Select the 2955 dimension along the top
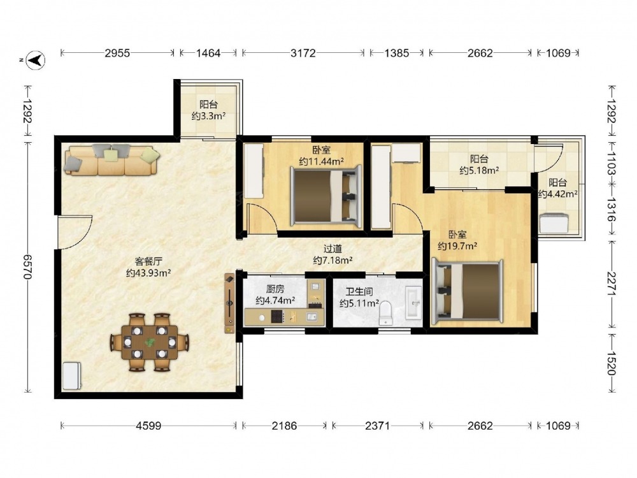(117, 53)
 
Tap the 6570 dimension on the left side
(27, 266)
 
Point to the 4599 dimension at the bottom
(148, 426)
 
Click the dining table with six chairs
(150, 342)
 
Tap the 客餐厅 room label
(148, 261)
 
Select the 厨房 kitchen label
(275, 289)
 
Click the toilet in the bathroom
(385, 313)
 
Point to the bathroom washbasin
(414, 303)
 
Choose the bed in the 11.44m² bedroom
(326, 196)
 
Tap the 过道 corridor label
(333, 249)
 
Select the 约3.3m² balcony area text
(208, 116)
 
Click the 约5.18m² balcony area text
(480, 170)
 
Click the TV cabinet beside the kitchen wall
(230, 303)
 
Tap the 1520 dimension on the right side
(612, 363)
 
